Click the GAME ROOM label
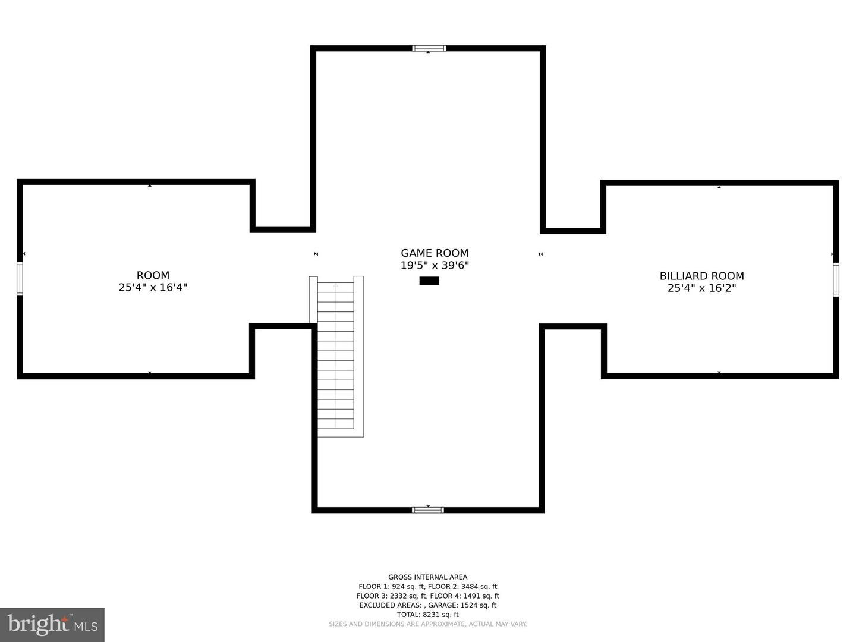tap(435, 253)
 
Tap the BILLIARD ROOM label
tap(701, 276)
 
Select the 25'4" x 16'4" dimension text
tap(153, 288)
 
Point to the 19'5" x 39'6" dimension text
tap(435, 266)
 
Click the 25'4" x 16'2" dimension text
tap(701, 288)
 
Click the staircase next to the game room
tap(336, 357)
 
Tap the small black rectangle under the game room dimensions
tap(429, 281)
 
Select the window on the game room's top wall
tap(429, 48)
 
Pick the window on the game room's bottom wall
tap(428, 510)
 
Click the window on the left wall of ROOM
tap(20, 279)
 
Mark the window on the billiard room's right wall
tap(836, 279)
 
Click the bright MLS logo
tap(52, 624)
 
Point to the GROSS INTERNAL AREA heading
tap(428, 577)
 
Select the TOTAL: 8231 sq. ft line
tap(428, 615)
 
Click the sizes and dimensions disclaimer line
tap(428, 624)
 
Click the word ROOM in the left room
tap(153, 275)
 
